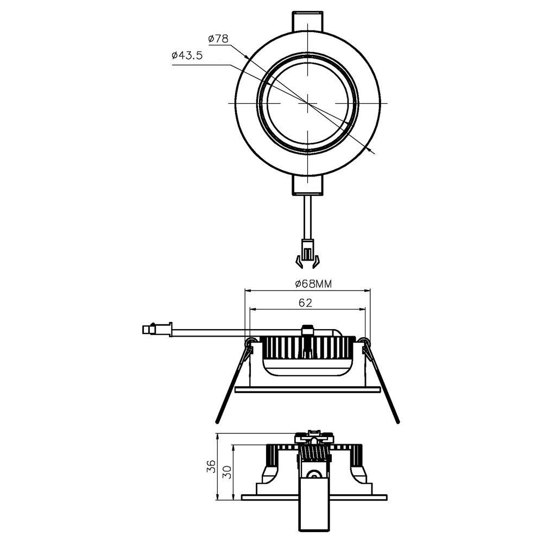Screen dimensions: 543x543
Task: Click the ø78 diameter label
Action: click(219, 39)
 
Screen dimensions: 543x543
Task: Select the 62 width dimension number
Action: click(306, 304)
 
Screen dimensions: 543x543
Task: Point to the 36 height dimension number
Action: click(212, 466)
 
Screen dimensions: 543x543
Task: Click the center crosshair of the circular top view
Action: click(307, 102)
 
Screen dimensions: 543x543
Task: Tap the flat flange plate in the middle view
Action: click(307, 389)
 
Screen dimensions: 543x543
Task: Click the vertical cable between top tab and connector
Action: click(307, 217)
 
